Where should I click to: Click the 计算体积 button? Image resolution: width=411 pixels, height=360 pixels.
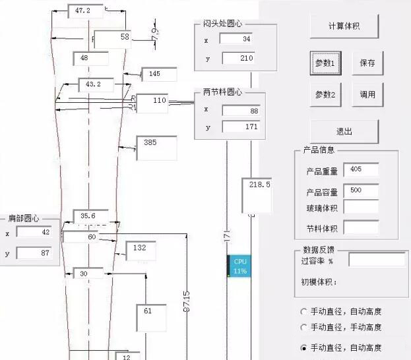click(344, 26)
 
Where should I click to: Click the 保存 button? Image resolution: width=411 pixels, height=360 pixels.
click(367, 63)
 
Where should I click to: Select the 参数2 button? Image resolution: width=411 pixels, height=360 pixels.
click(325, 94)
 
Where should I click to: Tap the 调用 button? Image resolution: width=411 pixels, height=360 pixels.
click(367, 94)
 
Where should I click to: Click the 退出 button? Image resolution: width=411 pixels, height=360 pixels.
click(344, 131)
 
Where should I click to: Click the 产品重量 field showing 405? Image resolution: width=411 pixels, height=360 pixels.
click(361, 170)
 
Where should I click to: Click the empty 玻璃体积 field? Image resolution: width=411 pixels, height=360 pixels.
click(361, 207)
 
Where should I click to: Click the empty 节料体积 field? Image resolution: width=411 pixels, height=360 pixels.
click(361, 228)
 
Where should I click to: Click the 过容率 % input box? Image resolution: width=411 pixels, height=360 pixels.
click(377, 260)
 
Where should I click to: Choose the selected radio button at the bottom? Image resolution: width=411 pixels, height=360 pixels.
click(303, 347)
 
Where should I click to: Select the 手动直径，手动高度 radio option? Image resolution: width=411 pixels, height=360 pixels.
click(303, 327)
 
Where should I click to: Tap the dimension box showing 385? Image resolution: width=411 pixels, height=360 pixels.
click(156, 148)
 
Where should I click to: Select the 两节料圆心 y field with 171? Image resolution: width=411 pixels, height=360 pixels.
click(241, 126)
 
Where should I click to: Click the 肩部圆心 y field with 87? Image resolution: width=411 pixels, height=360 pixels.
click(38, 253)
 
